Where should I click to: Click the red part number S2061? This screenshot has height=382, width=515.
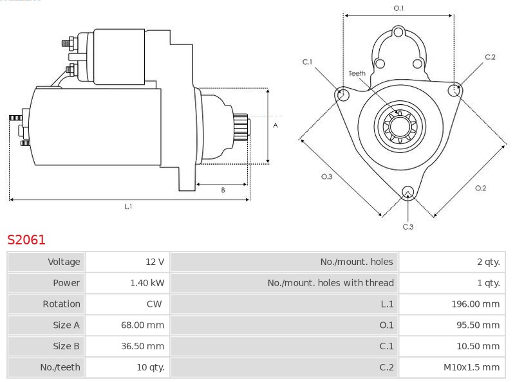coord(26,240)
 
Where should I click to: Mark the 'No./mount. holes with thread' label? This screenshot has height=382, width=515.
coord(330,283)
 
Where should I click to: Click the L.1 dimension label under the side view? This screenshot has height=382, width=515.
coord(128,206)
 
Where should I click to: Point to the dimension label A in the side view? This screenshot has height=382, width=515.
coord(275,125)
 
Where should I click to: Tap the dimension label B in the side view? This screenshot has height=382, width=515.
coord(223,190)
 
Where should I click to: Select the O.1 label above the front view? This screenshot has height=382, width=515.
coord(398,8)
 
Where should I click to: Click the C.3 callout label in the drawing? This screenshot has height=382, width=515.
coord(407,226)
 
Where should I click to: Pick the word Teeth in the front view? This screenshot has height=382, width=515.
coord(357,73)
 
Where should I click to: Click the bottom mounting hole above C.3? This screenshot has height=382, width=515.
coord(407,192)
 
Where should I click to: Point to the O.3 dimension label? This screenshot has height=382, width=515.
coord(327,177)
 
